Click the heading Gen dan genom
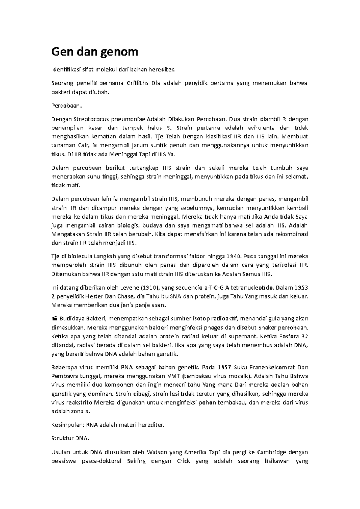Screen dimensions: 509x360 (95, 52)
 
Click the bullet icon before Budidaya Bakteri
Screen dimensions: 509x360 (54, 318)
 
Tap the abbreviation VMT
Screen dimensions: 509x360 (174, 376)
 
